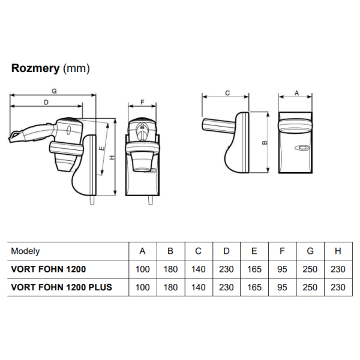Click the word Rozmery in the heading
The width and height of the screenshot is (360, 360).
(x=35, y=68)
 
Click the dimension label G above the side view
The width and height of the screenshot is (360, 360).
(x=54, y=91)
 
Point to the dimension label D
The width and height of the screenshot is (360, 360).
(x=46, y=103)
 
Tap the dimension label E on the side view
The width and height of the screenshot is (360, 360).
(x=102, y=148)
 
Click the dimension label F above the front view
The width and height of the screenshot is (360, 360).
(x=142, y=103)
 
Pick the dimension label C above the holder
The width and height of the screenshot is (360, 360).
(x=227, y=93)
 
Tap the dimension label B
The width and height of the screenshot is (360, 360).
(x=265, y=143)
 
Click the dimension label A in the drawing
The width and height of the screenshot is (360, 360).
(x=296, y=93)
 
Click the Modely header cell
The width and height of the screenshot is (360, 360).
(x=26, y=251)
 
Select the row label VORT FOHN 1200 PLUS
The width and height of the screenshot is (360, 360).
(x=61, y=287)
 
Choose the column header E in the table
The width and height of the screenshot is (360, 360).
(x=254, y=251)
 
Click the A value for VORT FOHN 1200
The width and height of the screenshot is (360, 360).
(x=143, y=269)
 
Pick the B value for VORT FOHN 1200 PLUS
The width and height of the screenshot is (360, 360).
(x=170, y=287)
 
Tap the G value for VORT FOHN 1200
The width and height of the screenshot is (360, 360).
(x=310, y=269)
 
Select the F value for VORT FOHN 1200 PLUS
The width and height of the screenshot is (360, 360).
(x=283, y=287)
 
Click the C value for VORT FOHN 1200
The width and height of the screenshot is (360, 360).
(x=199, y=269)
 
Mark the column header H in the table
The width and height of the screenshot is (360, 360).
(x=338, y=251)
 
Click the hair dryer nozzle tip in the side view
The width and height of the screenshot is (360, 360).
(x=12, y=139)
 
